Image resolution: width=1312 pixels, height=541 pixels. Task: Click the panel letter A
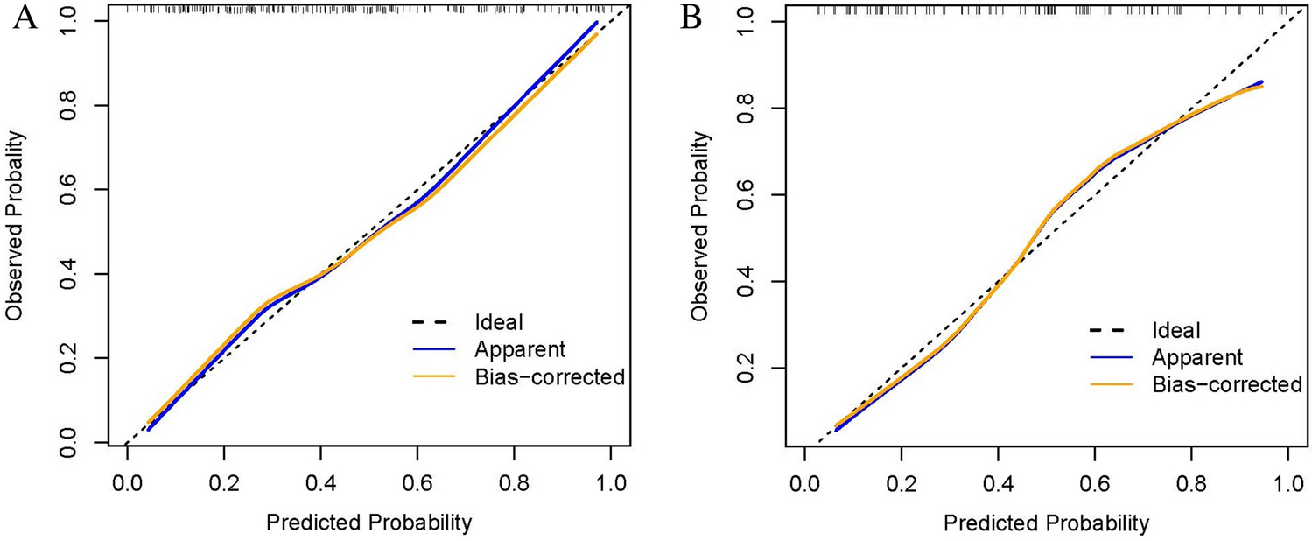pos(24,19)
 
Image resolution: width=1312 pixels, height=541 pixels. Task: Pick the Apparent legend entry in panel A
pos(519,349)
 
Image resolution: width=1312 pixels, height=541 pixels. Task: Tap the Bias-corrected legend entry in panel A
pos(549,377)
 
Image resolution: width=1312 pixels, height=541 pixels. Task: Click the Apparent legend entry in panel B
pos(1196,357)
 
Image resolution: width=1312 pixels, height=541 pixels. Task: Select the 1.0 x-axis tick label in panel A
pos(609,481)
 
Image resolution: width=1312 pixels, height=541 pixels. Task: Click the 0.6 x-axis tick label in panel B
pos(1094,481)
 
